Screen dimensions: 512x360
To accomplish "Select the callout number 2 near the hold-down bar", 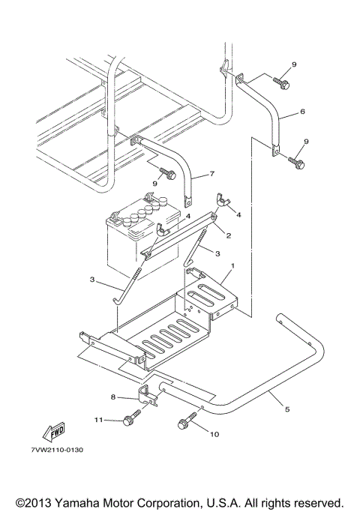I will coord(228,235).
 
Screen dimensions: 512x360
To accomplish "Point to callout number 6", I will coord(301,111).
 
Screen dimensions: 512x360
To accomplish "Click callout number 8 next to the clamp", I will coord(112,397).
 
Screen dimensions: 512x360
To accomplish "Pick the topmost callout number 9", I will coord(294,64).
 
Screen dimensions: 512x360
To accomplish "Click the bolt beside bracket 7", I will coord(167,174).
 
